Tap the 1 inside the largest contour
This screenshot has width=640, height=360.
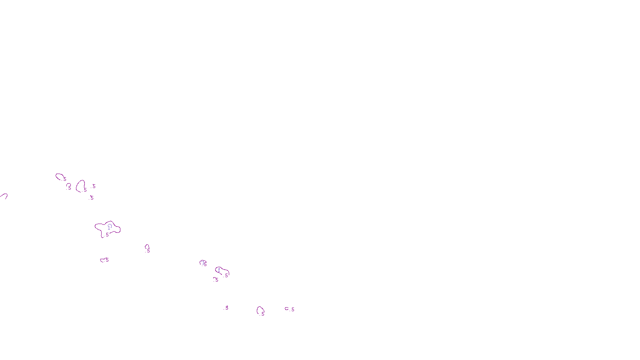(109, 227)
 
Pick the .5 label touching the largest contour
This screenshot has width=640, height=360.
(107, 235)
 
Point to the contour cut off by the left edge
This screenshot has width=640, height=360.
(4, 195)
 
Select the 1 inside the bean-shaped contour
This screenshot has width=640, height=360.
(219, 270)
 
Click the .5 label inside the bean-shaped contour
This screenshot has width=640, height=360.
(226, 275)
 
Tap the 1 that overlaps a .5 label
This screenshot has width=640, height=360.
(203, 262)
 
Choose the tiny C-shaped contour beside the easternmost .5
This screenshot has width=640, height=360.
(286, 308)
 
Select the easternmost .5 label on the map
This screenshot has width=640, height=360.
(292, 309)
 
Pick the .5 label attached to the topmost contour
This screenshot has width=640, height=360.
(64, 179)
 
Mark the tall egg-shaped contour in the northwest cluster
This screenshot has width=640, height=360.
(78, 186)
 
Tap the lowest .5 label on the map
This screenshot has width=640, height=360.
(262, 314)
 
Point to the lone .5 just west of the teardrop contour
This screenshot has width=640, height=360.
(226, 308)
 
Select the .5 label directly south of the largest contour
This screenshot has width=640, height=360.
(107, 260)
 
